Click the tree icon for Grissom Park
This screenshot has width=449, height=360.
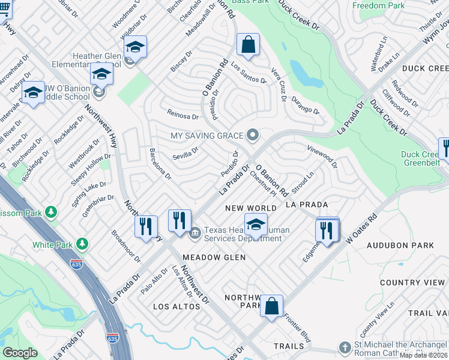52,212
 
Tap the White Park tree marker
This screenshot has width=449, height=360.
82,244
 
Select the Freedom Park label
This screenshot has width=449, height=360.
378,5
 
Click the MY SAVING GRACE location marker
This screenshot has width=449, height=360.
254,135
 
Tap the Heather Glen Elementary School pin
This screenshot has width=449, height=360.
136,48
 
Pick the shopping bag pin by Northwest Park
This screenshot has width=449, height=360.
271,305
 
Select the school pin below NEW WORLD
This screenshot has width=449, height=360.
256,225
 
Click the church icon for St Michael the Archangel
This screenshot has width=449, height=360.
345,347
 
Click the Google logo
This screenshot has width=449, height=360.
20,353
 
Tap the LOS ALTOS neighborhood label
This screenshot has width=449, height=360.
176,307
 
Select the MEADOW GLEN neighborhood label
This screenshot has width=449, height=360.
214,257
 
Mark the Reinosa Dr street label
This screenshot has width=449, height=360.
182,116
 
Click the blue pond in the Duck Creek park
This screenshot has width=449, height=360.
304,74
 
